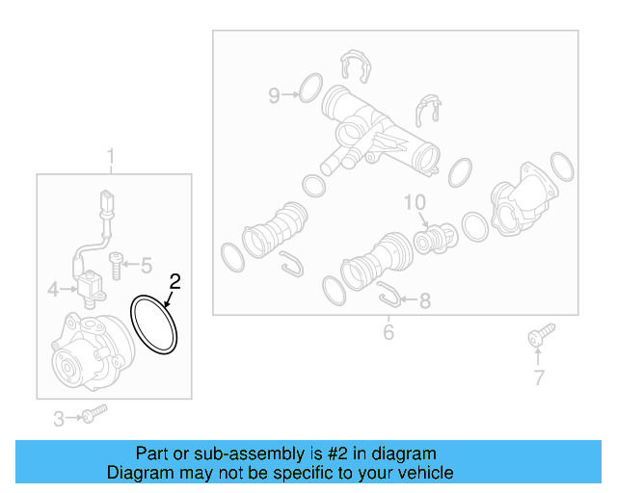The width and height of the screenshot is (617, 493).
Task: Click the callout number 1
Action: coord(110,156)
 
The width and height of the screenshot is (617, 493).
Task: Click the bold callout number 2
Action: coord(174,282)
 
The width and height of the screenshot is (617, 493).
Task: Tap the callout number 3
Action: coord(59,418)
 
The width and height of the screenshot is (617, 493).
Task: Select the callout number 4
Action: coord(55,287)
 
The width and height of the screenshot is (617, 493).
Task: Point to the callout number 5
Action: coord(147,265)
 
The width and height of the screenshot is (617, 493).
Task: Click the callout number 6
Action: coord(389,332)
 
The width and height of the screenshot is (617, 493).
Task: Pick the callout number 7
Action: coord(539,378)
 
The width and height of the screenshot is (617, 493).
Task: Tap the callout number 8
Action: coord(424,301)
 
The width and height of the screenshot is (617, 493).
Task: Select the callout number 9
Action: coord(274,94)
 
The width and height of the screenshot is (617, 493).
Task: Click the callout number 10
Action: coord(414,202)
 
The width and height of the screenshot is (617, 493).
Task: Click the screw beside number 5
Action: coord(116,259)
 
